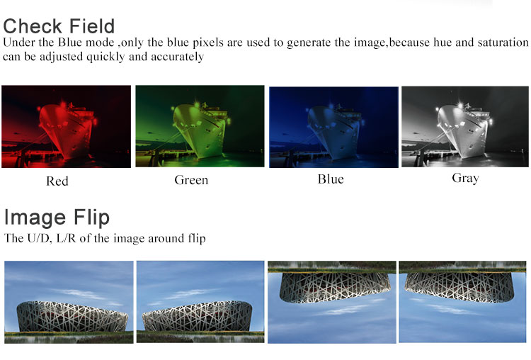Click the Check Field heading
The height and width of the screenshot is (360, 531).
[59, 26]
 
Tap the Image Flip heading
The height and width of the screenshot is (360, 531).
[57, 218]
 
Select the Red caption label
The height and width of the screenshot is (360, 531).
[57, 181]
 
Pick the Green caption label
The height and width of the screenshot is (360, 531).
[191, 180]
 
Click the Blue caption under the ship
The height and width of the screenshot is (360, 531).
[331, 179]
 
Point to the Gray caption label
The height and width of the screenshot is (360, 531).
[466, 178]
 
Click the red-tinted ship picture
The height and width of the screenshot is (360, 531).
[66, 126]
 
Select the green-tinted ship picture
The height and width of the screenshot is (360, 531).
[200, 126]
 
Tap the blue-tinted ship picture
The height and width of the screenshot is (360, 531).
[333, 127]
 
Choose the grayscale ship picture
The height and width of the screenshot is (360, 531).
[465, 126]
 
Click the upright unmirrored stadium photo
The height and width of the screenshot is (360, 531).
[69, 302]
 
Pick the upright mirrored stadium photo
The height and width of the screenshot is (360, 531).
[200, 302]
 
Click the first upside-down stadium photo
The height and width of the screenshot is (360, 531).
[332, 302]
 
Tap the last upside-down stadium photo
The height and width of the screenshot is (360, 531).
[462, 302]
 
